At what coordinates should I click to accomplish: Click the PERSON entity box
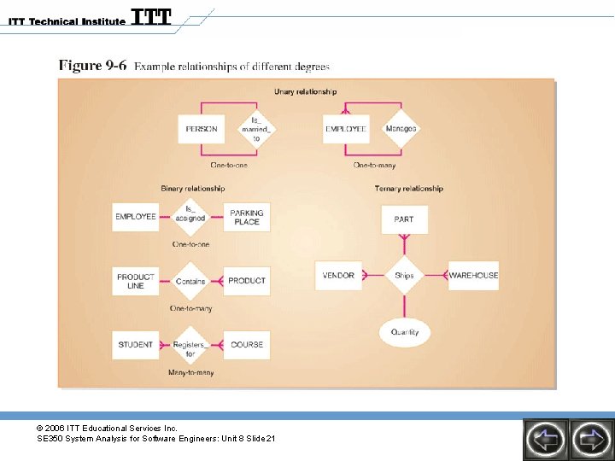pyautogui.click(x=202, y=130)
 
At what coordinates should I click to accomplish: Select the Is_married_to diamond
pyautogui.click(x=256, y=129)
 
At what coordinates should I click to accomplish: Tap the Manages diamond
pyautogui.click(x=401, y=129)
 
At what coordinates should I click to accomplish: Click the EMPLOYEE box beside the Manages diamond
pyautogui.click(x=346, y=130)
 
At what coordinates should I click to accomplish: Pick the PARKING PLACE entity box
pyautogui.click(x=247, y=217)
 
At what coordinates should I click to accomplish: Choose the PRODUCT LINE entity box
pyautogui.click(x=136, y=281)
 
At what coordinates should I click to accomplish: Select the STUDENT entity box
pyautogui.click(x=136, y=345)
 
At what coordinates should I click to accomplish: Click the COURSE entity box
pyautogui.click(x=247, y=345)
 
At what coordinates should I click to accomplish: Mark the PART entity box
pyautogui.click(x=404, y=219)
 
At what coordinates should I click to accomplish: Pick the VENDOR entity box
pyautogui.click(x=338, y=276)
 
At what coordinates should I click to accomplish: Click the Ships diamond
pyautogui.click(x=404, y=276)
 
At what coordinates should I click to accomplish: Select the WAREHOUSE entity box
pyautogui.click(x=473, y=276)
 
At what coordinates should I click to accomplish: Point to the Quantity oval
pyautogui.click(x=405, y=332)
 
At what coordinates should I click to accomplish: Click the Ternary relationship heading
pyautogui.click(x=408, y=189)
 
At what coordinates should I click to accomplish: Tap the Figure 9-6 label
pyautogui.click(x=91, y=66)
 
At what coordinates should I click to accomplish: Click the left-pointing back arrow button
pyautogui.click(x=546, y=440)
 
